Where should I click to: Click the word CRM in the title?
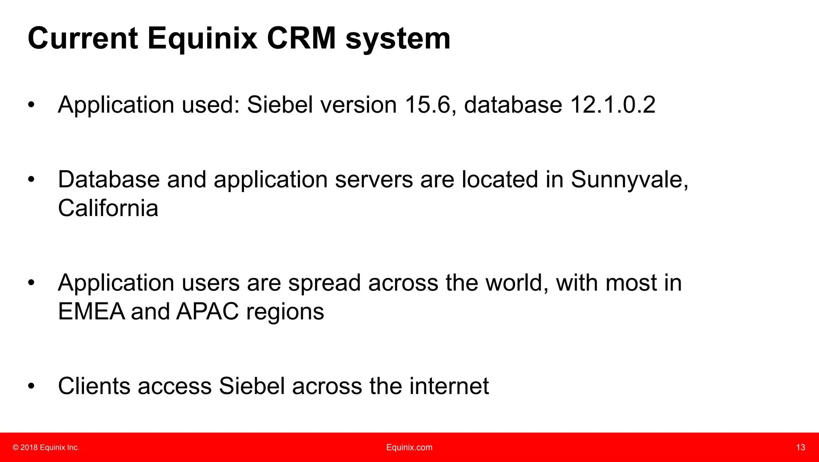pyautogui.click(x=301, y=38)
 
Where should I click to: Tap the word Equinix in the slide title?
pyautogui.click(x=202, y=39)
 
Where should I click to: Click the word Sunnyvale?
pyautogui.click(x=629, y=180)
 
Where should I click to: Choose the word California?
pyautogui.click(x=108, y=208)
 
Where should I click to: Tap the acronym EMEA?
pyautogui.click(x=92, y=311)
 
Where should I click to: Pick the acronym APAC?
pyautogui.click(x=208, y=311)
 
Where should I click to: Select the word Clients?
pyautogui.click(x=94, y=386)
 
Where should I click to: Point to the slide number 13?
pyautogui.click(x=800, y=448)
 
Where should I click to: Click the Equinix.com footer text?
pyautogui.click(x=409, y=448)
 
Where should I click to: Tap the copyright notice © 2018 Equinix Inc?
pyautogui.click(x=46, y=448)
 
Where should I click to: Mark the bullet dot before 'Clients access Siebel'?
pyautogui.click(x=31, y=386)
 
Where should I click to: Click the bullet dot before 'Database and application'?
pyautogui.click(x=31, y=180)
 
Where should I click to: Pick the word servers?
pyautogui.click(x=374, y=180)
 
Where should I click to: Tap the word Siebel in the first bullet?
pyautogui.click(x=280, y=105)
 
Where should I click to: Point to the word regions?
pyautogui.click(x=285, y=312)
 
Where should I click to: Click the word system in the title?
pyautogui.click(x=398, y=39)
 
